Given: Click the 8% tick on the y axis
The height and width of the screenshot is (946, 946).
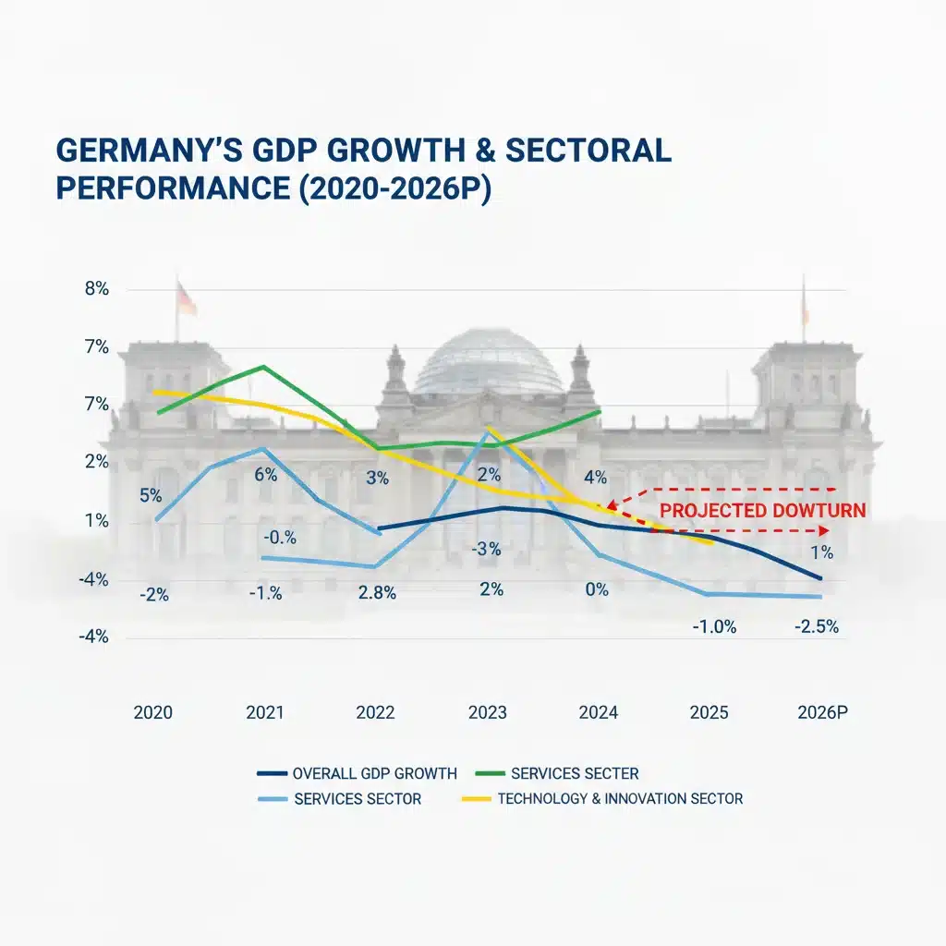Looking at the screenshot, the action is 96,289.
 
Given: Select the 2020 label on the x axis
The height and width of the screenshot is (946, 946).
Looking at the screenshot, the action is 152,712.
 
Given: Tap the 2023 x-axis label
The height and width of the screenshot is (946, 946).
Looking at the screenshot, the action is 488,712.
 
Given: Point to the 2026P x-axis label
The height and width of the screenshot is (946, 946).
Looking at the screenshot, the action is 822,712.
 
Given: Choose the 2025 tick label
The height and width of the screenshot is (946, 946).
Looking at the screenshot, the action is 709,712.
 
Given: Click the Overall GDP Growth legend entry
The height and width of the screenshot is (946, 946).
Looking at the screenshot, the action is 358,773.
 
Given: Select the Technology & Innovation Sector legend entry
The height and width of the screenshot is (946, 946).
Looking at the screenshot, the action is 602,799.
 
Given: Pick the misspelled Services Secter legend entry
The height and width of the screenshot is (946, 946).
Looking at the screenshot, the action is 557,773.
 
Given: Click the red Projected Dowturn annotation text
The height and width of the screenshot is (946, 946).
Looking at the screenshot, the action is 762,510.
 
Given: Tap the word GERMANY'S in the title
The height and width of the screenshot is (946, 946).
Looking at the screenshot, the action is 149,151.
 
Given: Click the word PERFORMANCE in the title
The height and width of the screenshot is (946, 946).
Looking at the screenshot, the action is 173,188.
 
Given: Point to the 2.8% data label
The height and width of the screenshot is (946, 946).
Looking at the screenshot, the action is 377,593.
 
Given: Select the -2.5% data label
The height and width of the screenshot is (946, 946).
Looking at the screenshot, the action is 817,627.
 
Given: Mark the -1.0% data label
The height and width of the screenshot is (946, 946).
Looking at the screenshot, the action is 714,627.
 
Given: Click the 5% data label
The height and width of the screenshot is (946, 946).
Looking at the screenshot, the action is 151,496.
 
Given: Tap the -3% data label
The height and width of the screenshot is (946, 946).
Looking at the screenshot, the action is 486,549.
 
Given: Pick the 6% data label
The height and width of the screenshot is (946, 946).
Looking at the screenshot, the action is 265,475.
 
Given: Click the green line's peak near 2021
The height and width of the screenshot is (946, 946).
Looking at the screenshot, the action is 263,366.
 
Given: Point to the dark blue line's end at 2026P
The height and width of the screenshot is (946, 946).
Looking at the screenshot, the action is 820,578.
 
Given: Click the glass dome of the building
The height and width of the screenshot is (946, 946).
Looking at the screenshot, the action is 489,361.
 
